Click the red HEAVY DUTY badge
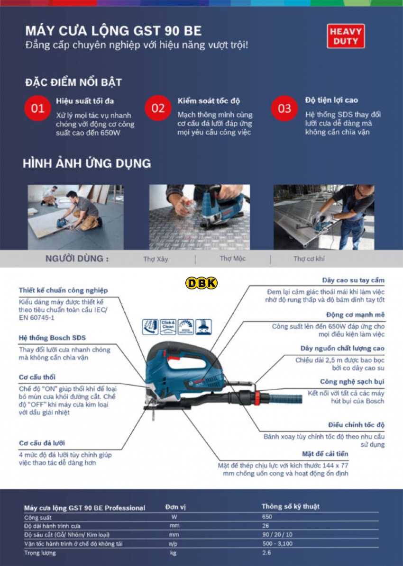346,36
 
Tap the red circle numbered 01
37,108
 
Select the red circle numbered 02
158,108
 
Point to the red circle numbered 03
284,108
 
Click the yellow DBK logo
201,283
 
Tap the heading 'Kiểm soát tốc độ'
209,101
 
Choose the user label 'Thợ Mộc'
232,259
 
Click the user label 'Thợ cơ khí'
309,259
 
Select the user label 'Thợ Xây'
156,259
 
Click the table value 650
267,517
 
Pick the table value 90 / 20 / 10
277,534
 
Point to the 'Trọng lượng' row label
40,552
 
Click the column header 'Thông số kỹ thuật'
290,506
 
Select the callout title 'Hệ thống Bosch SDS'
52,338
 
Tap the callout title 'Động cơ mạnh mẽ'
355,314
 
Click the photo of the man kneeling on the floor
75,217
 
